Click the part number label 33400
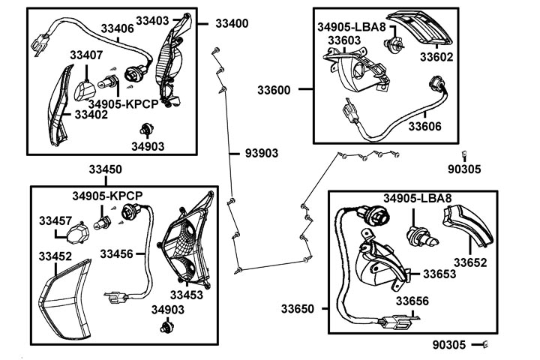click(x=232, y=23)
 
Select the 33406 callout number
click(x=118, y=29)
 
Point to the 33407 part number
click(x=86, y=55)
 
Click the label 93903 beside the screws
click(x=262, y=153)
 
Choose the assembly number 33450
click(x=106, y=169)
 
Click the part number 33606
click(x=424, y=126)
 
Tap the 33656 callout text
click(x=412, y=301)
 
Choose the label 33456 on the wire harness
click(x=116, y=254)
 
